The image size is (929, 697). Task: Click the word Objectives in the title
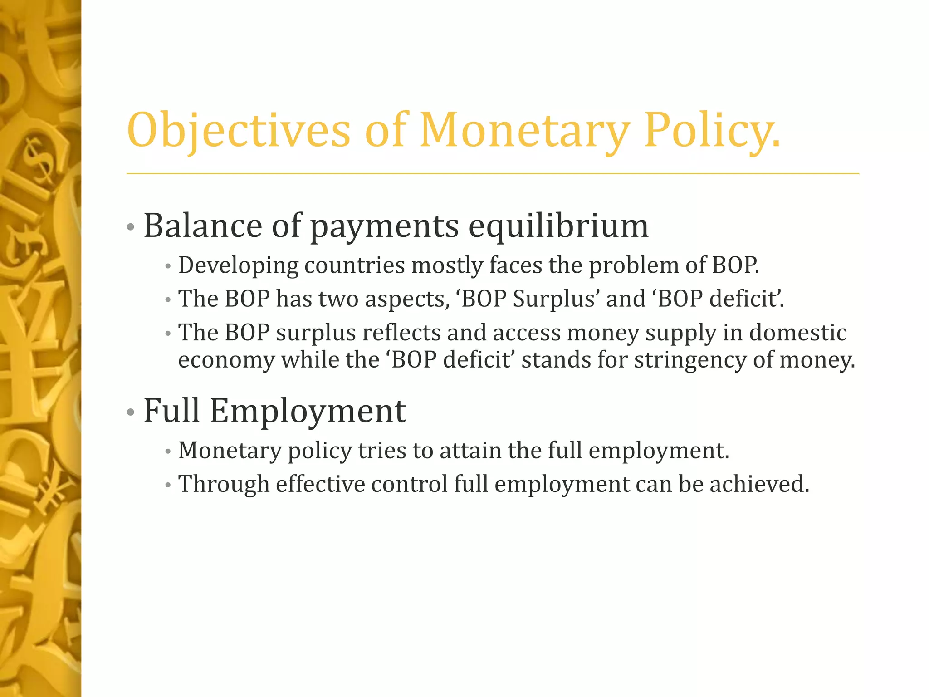pyautogui.click(x=239, y=130)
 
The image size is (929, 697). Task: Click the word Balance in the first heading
pyautogui.click(x=202, y=226)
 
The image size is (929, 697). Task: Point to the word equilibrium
pyautogui.click(x=558, y=226)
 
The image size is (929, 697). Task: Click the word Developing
pyautogui.click(x=238, y=265)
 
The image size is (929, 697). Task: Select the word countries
pyautogui.click(x=354, y=265)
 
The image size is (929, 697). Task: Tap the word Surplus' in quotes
pyautogui.click(x=554, y=299)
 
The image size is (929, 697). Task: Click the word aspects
pyautogui.click(x=407, y=299)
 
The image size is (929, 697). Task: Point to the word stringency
pyautogui.click(x=689, y=360)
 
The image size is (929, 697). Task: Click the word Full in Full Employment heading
pyautogui.click(x=171, y=411)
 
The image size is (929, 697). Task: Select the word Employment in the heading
pyautogui.click(x=308, y=411)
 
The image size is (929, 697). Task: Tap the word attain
pyautogui.click(x=470, y=451)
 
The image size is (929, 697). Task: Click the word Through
pyautogui.click(x=224, y=484)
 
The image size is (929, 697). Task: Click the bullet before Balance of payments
pyautogui.click(x=131, y=227)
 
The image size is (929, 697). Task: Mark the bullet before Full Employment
pyautogui.click(x=131, y=412)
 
